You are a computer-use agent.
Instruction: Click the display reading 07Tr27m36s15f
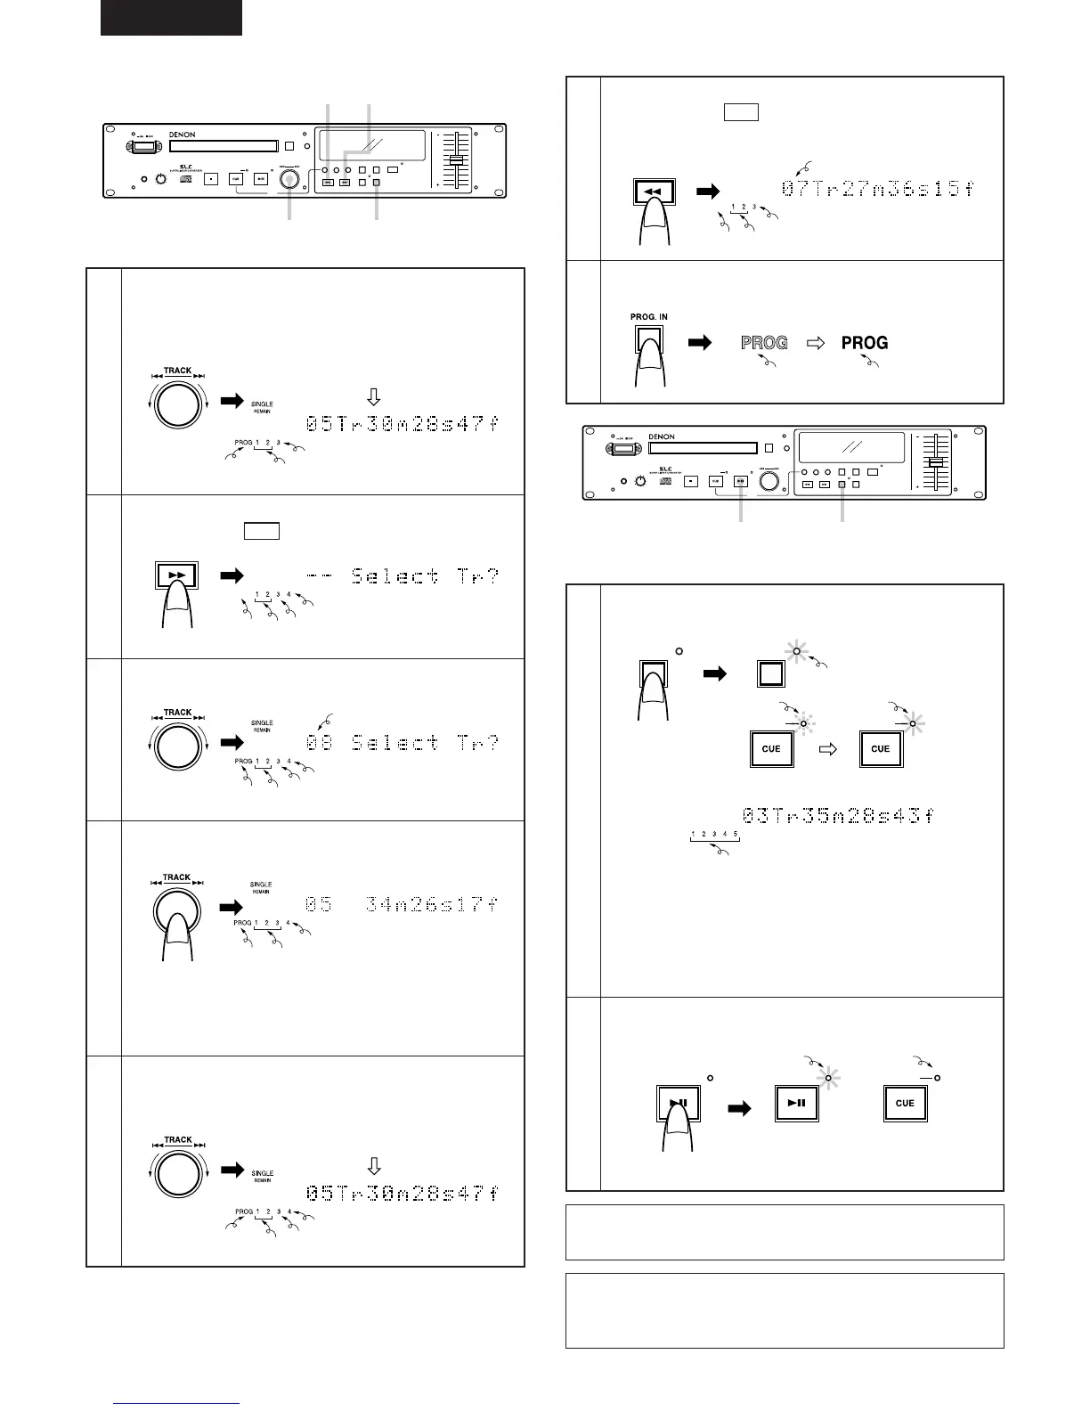click(x=878, y=189)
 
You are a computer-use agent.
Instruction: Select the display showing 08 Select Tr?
click(x=403, y=742)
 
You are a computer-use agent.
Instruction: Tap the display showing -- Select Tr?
click(x=403, y=576)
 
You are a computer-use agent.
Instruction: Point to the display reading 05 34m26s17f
click(x=403, y=905)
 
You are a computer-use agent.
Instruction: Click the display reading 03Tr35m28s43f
click(x=837, y=815)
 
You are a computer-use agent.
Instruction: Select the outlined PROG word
click(x=764, y=342)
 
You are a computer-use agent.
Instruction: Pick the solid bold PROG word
click(x=865, y=342)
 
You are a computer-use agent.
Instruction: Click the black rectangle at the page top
click(x=171, y=18)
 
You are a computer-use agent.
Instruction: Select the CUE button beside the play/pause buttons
click(x=905, y=1103)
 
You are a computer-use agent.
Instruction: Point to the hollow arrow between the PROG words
click(x=815, y=342)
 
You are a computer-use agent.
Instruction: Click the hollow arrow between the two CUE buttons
click(x=827, y=749)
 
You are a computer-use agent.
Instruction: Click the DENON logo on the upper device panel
click(x=183, y=135)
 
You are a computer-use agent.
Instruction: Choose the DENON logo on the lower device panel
click(x=662, y=436)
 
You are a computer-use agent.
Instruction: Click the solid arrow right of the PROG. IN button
click(x=701, y=342)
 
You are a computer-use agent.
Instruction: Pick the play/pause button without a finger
click(x=796, y=1103)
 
